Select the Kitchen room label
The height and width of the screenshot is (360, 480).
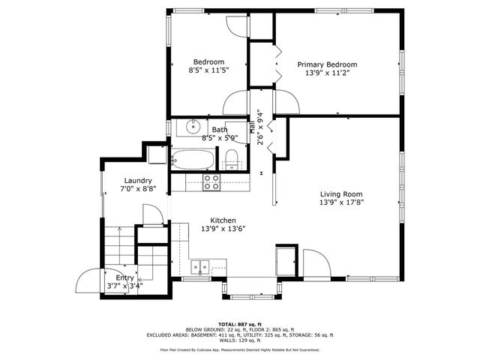[223, 220]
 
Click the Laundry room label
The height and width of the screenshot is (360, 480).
[139, 181]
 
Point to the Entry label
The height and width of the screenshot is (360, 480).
[124, 277]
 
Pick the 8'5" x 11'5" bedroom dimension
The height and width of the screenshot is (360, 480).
[208, 70]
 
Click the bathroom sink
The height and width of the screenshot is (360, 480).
[193, 126]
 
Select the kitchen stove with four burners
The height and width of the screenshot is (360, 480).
[212, 181]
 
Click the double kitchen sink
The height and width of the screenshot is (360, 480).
[200, 266]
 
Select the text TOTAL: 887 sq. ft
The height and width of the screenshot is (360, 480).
[240, 323]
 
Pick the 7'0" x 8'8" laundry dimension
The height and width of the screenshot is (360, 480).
[139, 190]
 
